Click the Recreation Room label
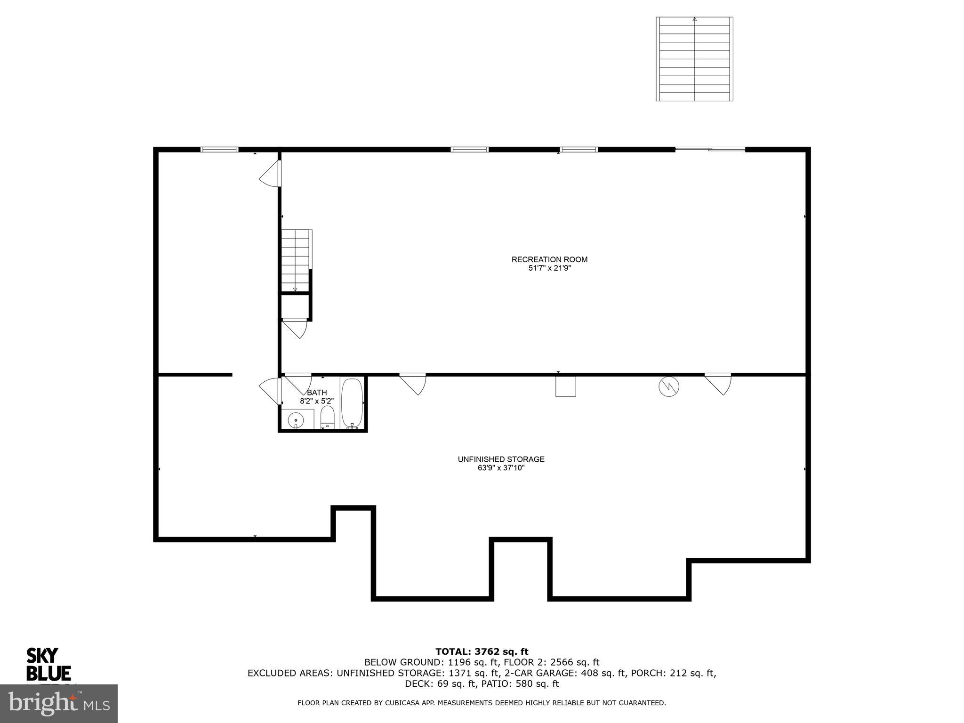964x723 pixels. click(x=549, y=259)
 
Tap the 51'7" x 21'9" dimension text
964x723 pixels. click(x=549, y=268)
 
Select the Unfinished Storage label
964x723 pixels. click(x=501, y=459)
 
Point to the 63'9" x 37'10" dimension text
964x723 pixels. click(x=501, y=468)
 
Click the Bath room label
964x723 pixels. click(x=317, y=393)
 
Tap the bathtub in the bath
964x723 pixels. click(x=352, y=403)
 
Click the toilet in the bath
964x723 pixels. click(x=327, y=417)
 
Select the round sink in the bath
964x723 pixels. click(x=296, y=419)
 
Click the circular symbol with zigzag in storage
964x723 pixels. click(x=668, y=386)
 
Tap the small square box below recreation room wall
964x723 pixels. click(x=565, y=386)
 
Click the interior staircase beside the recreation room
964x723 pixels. click(x=296, y=260)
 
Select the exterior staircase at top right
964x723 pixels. click(x=694, y=59)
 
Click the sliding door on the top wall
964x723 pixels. click(x=710, y=149)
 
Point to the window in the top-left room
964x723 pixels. click(x=219, y=150)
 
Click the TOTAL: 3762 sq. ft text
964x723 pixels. click(x=482, y=651)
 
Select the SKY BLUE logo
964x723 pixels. click(x=48, y=664)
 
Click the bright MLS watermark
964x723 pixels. click(x=59, y=703)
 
